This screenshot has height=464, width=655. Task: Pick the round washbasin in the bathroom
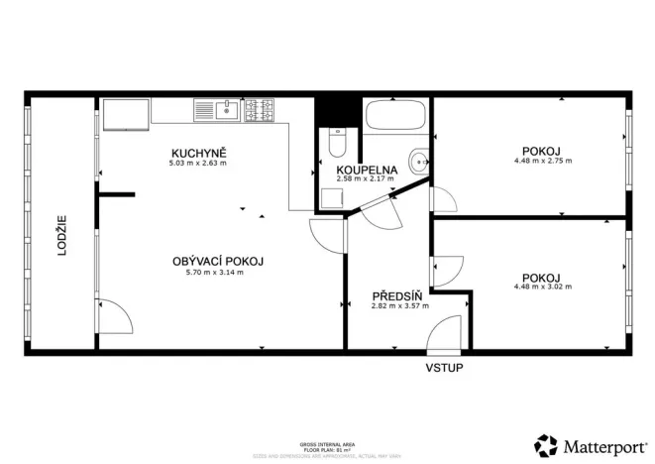pyautogui.click(x=420, y=159)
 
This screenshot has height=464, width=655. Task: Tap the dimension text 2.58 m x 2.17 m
pyautogui.click(x=367, y=179)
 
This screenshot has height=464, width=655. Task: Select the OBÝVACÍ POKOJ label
pyautogui.click(x=217, y=261)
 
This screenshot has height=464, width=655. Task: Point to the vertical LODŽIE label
pyautogui.click(x=61, y=236)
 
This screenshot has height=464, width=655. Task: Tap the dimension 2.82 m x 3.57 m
pyautogui.click(x=399, y=306)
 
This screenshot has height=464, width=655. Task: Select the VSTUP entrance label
pyautogui.click(x=444, y=368)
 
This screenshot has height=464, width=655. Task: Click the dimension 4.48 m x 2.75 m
pyautogui.click(x=542, y=161)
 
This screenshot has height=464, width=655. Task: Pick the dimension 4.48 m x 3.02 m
pyautogui.click(x=542, y=287)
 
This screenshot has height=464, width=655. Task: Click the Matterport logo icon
pyautogui.click(x=545, y=444)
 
